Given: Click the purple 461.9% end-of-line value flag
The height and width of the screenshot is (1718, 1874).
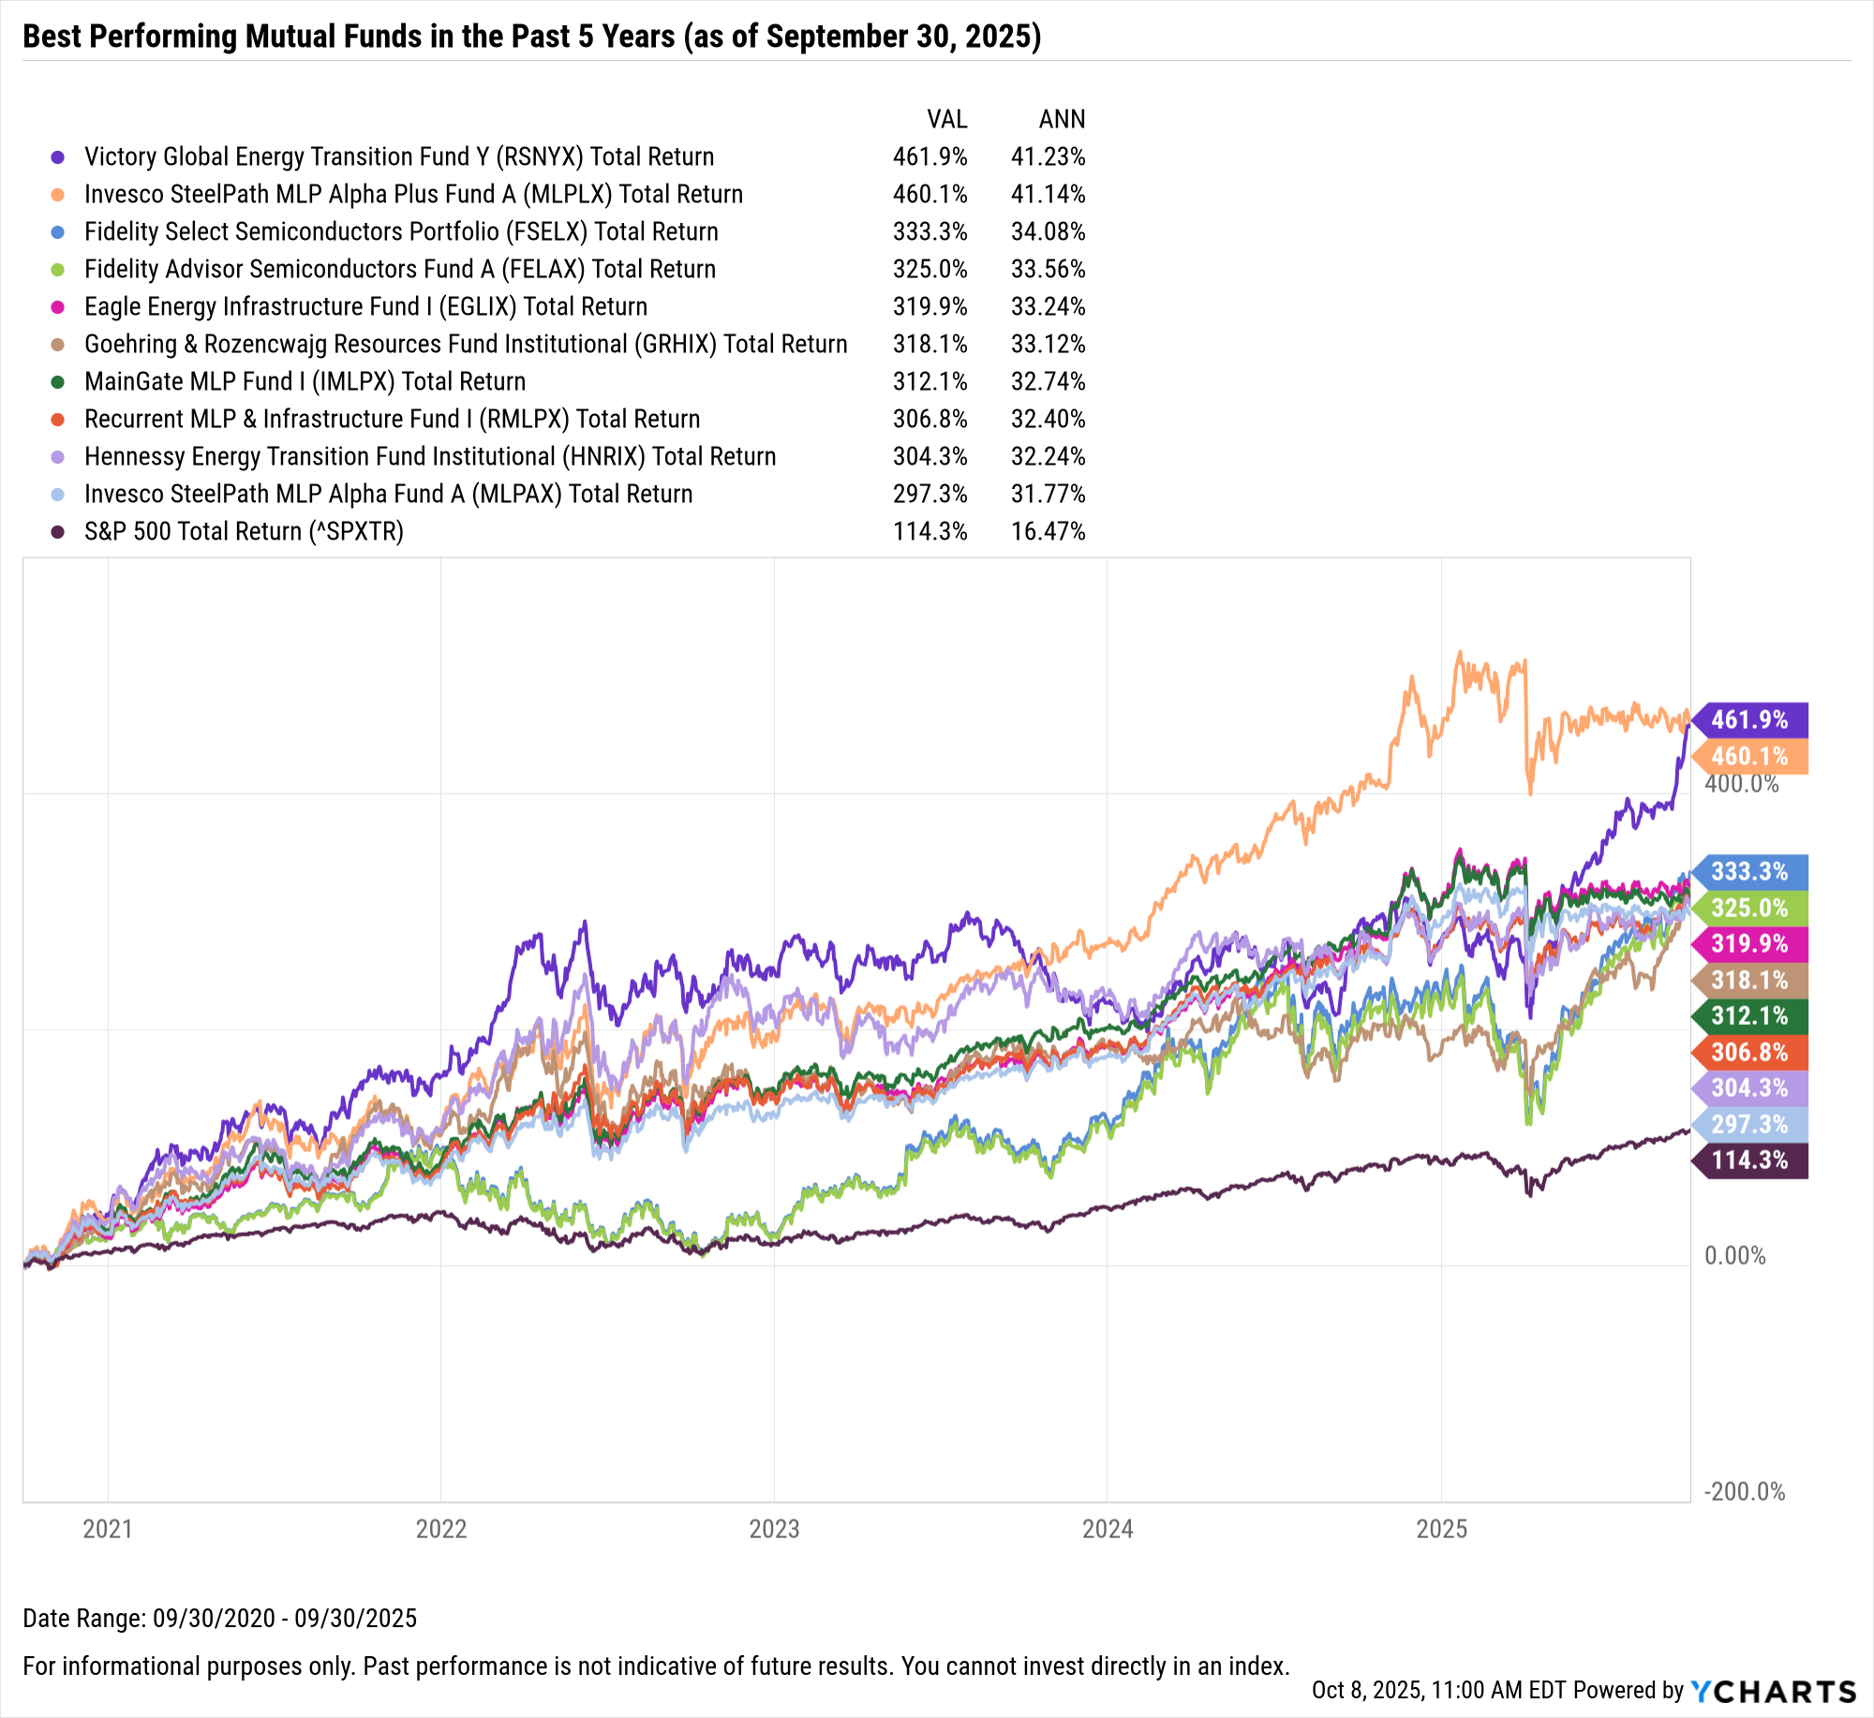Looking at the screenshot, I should (1749, 719).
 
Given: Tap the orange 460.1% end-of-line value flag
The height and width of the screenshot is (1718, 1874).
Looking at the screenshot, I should (1749, 756).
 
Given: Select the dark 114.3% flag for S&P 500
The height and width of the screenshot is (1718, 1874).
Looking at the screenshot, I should (1749, 1161).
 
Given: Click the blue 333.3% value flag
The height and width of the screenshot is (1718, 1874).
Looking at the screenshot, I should (1749, 871).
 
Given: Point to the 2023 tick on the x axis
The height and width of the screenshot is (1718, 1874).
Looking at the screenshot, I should (774, 1529).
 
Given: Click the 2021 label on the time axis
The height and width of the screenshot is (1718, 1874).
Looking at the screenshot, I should (108, 1529).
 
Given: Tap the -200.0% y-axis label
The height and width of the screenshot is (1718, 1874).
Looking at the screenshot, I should (1745, 1491).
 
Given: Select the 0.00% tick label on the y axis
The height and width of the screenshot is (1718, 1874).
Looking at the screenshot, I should (1735, 1255).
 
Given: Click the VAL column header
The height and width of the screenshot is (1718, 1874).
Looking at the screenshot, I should (946, 119).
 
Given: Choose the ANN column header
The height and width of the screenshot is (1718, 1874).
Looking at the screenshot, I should (1062, 119).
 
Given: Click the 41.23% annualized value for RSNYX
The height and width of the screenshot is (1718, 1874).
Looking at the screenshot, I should (1048, 156).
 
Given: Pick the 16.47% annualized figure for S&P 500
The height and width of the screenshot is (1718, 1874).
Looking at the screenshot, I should (1048, 531).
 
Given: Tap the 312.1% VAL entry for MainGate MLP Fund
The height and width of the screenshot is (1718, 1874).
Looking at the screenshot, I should (930, 381).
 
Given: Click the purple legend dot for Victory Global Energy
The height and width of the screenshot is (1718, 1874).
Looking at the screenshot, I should (58, 157).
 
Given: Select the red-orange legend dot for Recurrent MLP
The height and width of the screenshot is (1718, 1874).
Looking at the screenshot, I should (58, 420).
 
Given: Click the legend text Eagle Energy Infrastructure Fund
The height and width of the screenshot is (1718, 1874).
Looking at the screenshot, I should (365, 306).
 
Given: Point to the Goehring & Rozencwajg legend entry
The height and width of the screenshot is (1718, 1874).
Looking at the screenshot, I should (465, 344).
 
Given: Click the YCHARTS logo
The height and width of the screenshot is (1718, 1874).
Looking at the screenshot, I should (1774, 1692).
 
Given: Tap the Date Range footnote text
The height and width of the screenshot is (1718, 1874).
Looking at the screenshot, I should (219, 1618).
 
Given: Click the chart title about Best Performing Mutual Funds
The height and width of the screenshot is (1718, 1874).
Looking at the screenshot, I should (531, 36).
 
